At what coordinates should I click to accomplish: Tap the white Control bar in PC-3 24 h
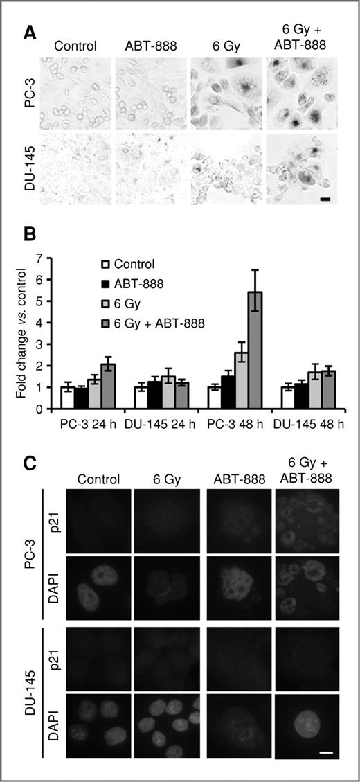(67, 398)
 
